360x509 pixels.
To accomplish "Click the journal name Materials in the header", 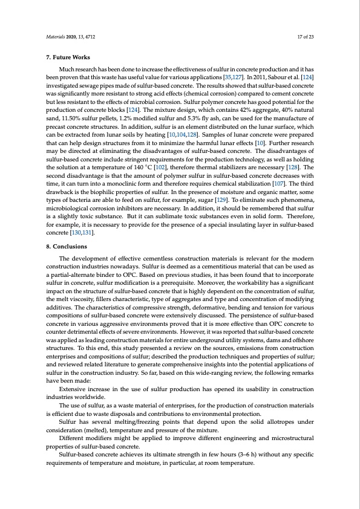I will pos(56,37).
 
